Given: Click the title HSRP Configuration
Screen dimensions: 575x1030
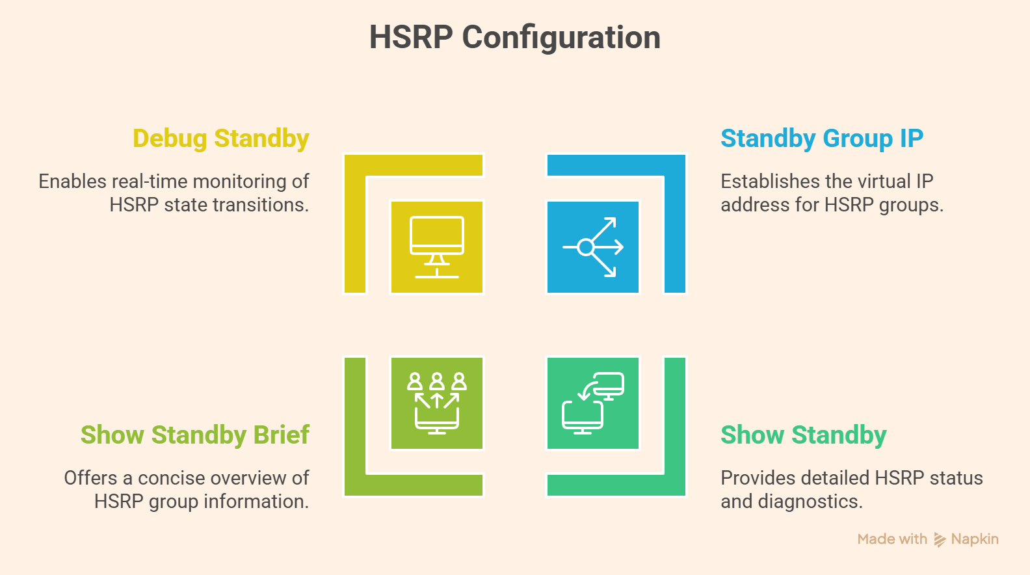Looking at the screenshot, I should click(x=514, y=37).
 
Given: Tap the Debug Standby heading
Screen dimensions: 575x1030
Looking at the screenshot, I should click(x=221, y=139).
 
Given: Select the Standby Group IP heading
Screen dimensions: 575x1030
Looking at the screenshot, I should click(x=821, y=139).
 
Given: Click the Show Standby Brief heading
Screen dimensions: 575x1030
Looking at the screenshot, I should click(x=194, y=435).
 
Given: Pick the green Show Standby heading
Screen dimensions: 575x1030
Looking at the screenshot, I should click(x=803, y=435).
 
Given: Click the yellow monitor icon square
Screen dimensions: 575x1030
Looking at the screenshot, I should click(x=437, y=247).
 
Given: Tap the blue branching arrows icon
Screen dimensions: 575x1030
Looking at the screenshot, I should click(x=593, y=247).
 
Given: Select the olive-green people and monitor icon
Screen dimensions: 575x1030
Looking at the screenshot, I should click(x=437, y=403).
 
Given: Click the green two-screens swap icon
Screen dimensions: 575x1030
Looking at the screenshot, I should click(x=593, y=403).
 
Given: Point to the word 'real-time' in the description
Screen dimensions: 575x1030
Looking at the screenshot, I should click(x=148, y=181).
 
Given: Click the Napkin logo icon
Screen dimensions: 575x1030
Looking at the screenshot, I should click(x=940, y=539).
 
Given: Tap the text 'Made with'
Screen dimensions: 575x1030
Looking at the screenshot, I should click(x=891, y=539).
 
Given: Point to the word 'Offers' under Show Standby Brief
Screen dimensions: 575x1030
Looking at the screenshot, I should click(x=90, y=478).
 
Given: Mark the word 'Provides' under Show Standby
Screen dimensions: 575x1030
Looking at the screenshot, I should click(x=758, y=478).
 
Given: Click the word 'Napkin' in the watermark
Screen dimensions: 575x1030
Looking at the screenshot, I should click(x=974, y=539).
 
